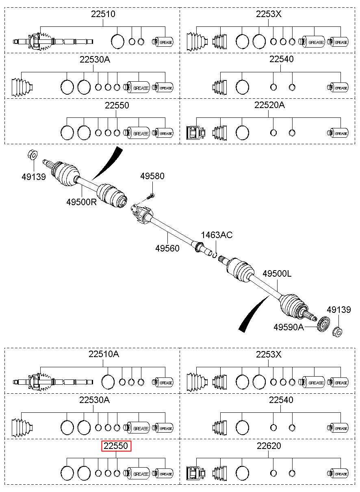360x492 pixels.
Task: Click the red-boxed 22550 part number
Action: click(116, 446)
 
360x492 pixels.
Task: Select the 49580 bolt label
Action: click(152, 176)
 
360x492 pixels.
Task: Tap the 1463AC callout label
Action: click(217, 235)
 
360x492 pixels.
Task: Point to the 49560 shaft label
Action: click(167, 248)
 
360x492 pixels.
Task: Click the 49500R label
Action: click(82, 202)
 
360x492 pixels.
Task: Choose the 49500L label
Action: click(277, 274)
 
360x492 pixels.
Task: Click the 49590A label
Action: click(288, 327)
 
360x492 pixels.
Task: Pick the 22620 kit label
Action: click(269, 446)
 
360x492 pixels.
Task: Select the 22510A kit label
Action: click(104, 354)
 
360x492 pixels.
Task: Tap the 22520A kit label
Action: click(269, 105)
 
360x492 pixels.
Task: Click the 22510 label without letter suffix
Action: click(103, 14)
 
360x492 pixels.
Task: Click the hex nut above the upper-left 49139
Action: click(33, 155)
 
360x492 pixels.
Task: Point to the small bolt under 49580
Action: click(150, 196)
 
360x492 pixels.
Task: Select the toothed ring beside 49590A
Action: click(323, 323)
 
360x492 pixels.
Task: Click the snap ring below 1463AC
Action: click(215, 255)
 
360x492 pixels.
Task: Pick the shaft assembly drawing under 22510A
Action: click(53, 382)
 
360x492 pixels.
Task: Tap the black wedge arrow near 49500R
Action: click(107, 163)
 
